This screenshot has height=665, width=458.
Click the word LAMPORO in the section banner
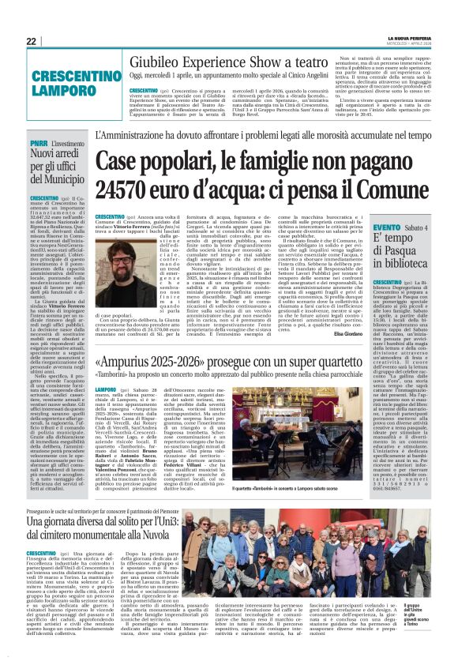51,91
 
